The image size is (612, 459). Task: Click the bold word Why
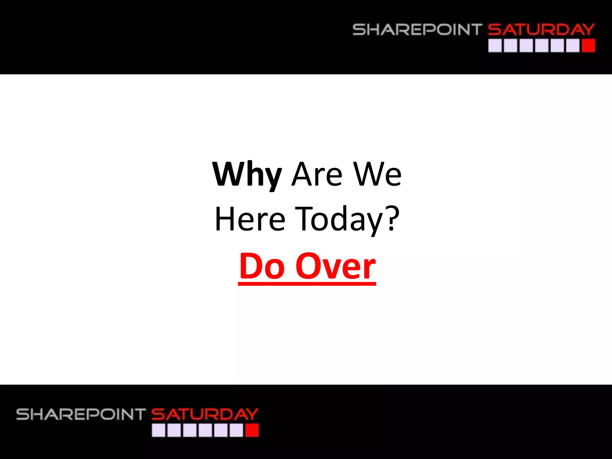click(247, 175)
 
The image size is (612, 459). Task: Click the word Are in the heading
click(317, 175)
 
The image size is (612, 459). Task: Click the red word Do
click(262, 266)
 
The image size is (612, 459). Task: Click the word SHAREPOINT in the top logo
click(417, 30)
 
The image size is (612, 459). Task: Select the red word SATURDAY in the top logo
click(541, 30)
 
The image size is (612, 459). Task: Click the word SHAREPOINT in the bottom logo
click(81, 414)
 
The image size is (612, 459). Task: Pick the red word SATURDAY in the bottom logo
click(205, 414)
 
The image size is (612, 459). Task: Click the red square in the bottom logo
click(252, 431)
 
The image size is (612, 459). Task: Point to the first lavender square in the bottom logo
click(158, 431)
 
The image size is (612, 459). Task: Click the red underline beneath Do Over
click(307, 284)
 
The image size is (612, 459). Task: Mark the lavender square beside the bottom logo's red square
click(236, 431)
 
